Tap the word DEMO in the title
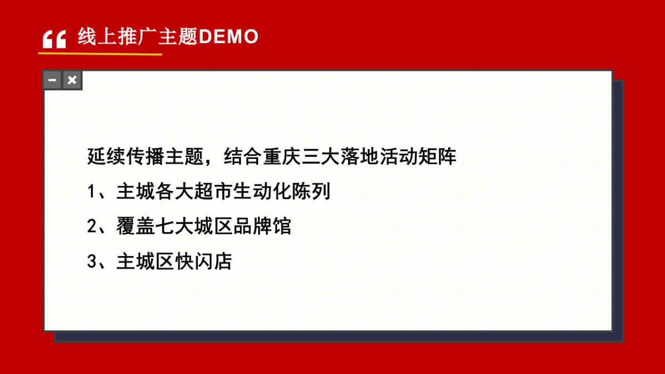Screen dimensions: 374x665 pos(228,37)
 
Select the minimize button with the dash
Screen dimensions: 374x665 pos(53,80)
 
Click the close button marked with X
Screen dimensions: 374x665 pos(72,80)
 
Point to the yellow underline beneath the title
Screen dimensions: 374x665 pos(100,54)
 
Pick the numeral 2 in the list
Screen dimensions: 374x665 pos(92,227)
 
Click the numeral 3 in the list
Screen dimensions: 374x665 pos(92,262)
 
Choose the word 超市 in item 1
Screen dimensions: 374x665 pos(214,192)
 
